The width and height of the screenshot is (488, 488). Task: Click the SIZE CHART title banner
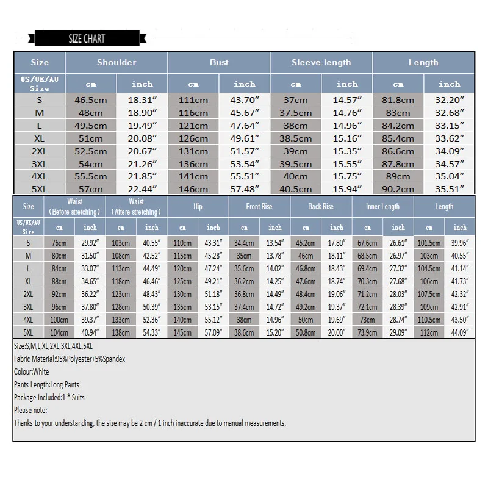(x=87, y=38)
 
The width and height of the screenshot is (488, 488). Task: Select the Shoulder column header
(x=117, y=62)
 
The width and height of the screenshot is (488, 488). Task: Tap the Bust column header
(x=219, y=62)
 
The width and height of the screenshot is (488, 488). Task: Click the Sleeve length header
(x=321, y=62)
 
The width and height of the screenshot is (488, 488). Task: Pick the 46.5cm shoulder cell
(x=91, y=100)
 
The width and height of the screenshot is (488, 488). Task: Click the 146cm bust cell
(x=193, y=189)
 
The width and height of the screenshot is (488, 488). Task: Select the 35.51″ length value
(x=450, y=189)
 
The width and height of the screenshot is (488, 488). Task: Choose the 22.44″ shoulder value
(x=142, y=189)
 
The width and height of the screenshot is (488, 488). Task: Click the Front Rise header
(x=259, y=207)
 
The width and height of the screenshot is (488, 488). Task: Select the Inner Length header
(x=382, y=207)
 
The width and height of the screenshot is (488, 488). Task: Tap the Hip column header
(x=198, y=207)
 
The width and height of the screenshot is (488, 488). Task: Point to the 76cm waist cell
(x=59, y=242)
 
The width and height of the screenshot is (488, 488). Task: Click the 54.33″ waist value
(x=151, y=332)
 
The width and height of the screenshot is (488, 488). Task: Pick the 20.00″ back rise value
(x=336, y=332)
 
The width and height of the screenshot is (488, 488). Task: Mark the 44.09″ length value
(x=459, y=332)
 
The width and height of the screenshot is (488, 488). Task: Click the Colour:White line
(x=32, y=371)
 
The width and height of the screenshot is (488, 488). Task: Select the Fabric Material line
(x=70, y=359)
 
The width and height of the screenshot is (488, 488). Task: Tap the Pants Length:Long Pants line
(x=46, y=384)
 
